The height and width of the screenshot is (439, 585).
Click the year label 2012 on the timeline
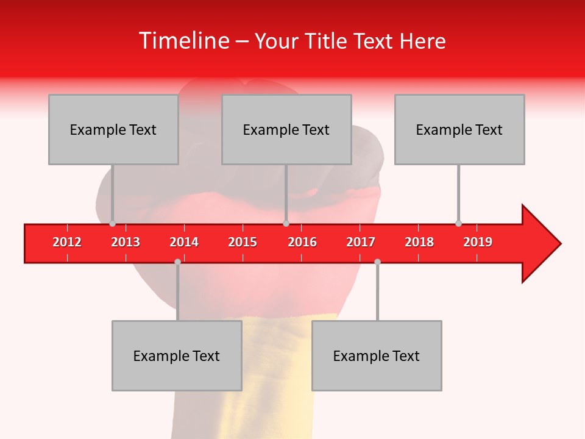(67, 242)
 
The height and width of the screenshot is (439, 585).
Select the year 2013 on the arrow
(126, 242)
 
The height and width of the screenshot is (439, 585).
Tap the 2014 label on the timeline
(184, 242)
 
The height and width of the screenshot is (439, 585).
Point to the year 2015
(243, 242)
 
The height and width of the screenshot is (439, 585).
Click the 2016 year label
(302, 242)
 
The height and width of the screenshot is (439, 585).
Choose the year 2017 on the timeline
(361, 242)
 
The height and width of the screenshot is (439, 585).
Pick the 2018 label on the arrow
(419, 242)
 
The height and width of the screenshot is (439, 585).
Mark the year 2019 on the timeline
(478, 242)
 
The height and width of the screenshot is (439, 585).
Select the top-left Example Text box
(113, 129)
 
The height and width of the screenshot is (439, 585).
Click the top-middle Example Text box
(286, 129)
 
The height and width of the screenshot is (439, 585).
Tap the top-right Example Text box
(459, 129)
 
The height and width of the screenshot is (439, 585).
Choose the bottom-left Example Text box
(177, 355)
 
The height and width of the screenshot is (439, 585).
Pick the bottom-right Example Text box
(377, 355)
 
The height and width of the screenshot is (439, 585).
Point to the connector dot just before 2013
(112, 224)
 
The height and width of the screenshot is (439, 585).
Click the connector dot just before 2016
(286, 224)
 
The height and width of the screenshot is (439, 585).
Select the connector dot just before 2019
(458, 224)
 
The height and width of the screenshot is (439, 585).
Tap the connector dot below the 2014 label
(177, 262)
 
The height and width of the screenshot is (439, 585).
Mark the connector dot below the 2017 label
(377, 262)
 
